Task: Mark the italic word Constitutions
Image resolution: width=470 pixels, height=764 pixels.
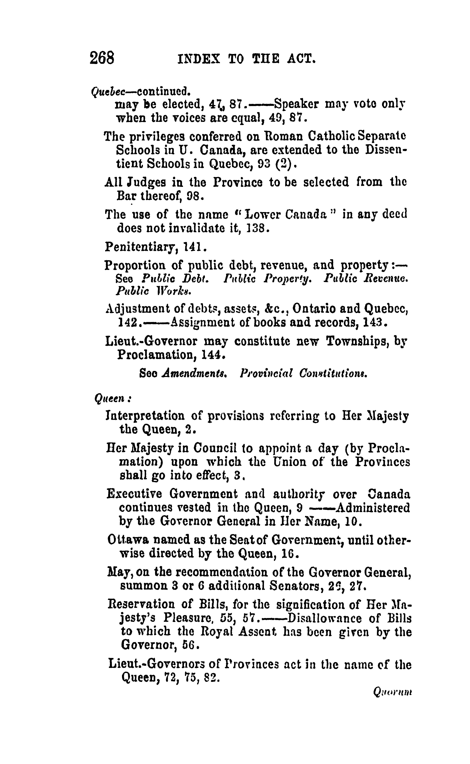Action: (x=333, y=373)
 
